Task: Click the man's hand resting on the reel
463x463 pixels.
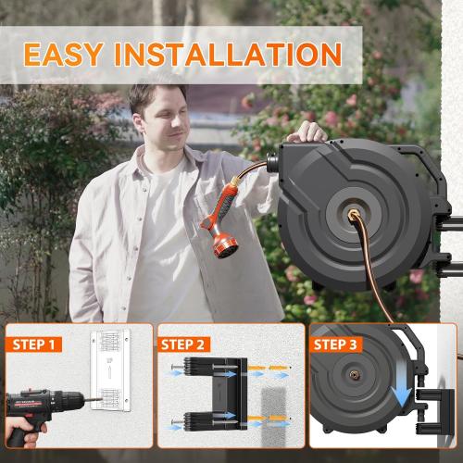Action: click(x=313, y=135)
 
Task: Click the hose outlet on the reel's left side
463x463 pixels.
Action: click(x=275, y=160)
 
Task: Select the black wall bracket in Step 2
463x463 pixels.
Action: click(x=222, y=394)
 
